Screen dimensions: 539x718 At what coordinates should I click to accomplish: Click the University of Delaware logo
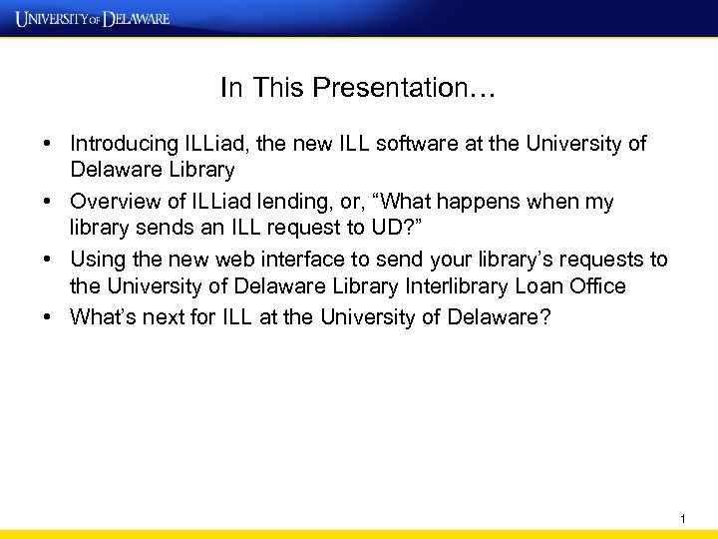tap(93, 18)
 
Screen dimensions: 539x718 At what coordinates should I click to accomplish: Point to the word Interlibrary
tap(460, 287)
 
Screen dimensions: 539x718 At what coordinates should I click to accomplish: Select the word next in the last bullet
tap(155, 316)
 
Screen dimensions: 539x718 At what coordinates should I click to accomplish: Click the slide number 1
tap(683, 518)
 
